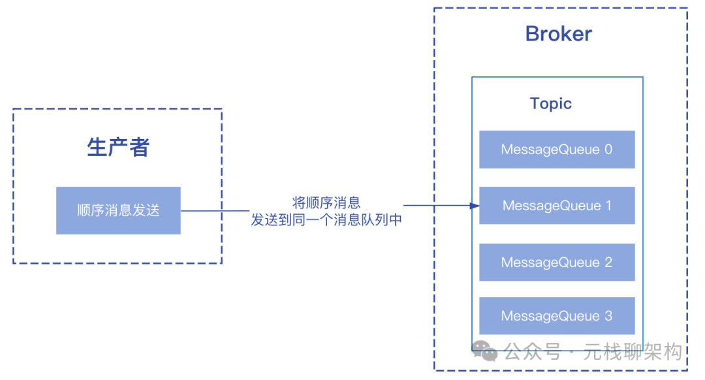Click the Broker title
tap(558, 34)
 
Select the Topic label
tap(550, 104)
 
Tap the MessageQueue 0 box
tap(557, 150)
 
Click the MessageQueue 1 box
tap(557, 206)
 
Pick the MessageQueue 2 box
tap(557, 262)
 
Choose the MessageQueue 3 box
tap(557, 316)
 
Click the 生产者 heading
tap(118, 148)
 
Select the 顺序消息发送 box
tap(118, 210)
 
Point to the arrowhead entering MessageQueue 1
tap(475, 206)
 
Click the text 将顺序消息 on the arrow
tap(326, 202)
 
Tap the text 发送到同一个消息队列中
tap(326, 220)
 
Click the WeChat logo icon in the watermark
tap(486, 352)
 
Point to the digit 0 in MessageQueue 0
tap(608, 150)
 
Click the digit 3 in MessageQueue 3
tap(608, 316)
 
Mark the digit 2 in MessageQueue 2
tap(608, 262)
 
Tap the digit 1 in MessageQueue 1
tap(608, 206)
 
